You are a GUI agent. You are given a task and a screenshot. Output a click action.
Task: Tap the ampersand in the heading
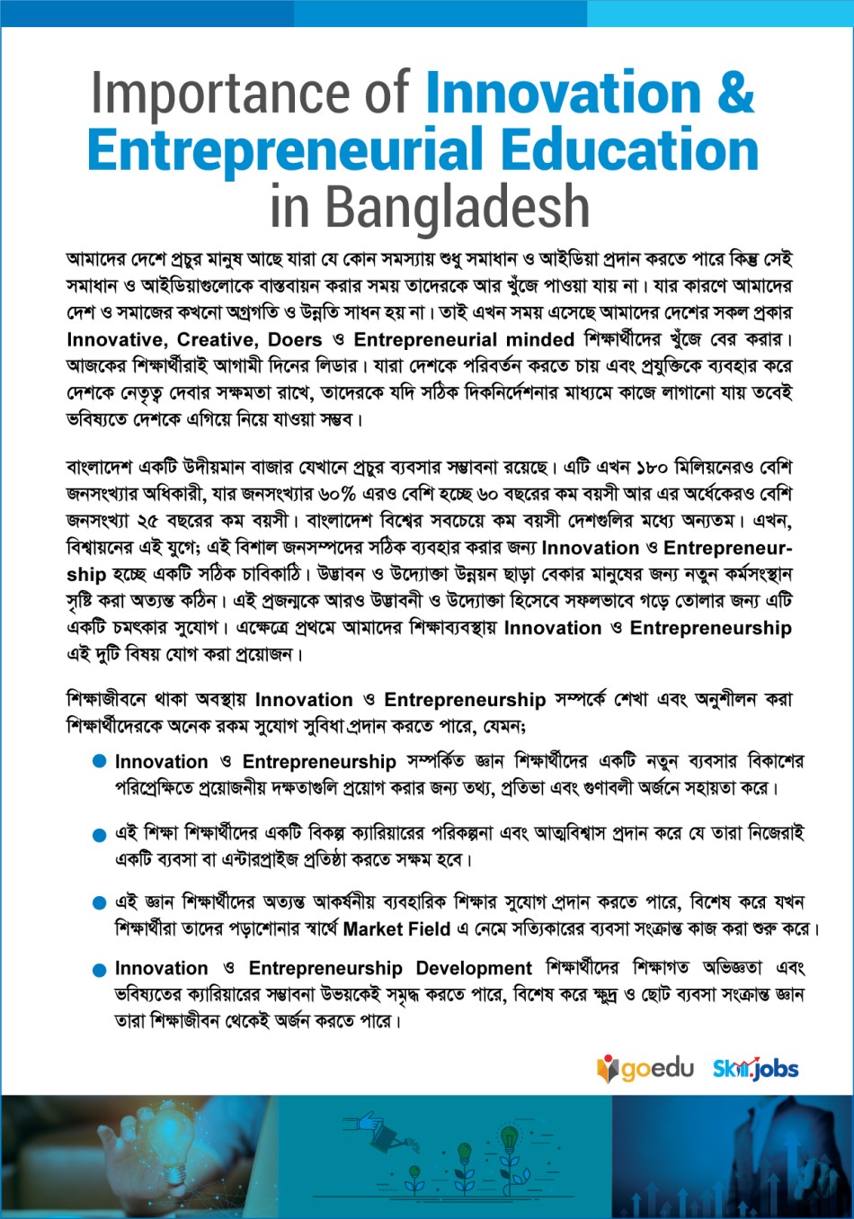(x=734, y=94)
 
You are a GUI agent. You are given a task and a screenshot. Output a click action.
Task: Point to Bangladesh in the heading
(x=457, y=206)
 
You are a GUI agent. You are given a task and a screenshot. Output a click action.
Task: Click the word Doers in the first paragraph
(x=295, y=340)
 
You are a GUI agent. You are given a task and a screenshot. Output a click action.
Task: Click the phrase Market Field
(x=396, y=928)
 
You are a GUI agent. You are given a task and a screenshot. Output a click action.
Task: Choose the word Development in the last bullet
(x=474, y=969)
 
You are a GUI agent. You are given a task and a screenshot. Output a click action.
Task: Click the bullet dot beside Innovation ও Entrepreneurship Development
(x=100, y=970)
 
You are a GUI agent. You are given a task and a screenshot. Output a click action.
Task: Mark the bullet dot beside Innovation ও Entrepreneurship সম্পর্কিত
(x=100, y=762)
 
